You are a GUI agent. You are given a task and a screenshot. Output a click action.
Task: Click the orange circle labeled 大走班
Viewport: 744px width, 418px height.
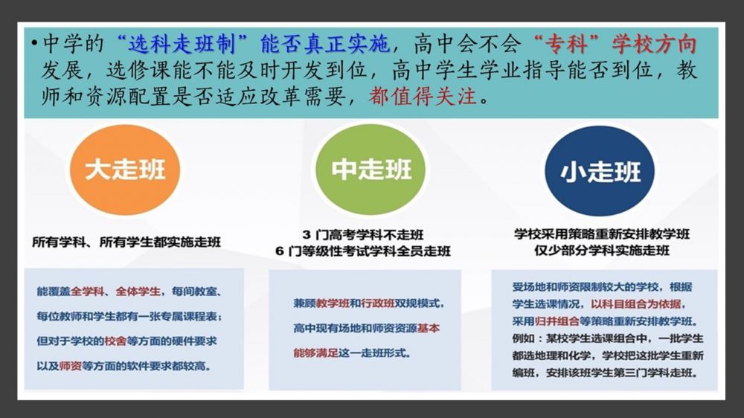coord(125,170)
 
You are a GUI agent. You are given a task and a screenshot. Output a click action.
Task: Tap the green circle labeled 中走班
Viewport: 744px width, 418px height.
coord(371,170)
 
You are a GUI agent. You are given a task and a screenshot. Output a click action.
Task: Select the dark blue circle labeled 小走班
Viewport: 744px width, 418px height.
coord(600,171)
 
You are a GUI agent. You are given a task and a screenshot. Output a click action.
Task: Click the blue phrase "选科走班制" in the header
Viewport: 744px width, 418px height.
coord(182,45)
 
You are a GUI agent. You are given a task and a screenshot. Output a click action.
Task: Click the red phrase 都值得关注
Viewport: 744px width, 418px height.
coord(423,96)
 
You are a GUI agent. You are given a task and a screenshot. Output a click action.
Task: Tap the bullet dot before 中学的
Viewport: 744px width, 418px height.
coord(34,44)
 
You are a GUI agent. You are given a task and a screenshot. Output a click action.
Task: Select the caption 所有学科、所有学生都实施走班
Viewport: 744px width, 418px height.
coord(126,242)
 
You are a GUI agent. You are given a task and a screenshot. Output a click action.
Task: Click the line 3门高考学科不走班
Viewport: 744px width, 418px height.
coord(362,234)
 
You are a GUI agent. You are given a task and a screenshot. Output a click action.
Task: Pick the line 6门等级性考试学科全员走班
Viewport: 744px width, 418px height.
coord(362,251)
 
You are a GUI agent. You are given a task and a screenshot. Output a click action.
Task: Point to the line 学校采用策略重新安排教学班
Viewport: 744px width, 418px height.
coord(602,234)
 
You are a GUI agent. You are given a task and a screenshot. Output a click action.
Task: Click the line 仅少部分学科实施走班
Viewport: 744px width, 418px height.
coord(602,250)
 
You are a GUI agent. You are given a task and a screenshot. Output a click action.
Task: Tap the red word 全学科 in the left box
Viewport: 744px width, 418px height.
coord(87,292)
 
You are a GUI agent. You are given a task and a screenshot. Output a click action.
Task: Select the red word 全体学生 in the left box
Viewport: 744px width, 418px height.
coord(138,292)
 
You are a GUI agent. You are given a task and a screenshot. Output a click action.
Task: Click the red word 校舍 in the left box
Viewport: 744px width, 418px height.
coord(115,341)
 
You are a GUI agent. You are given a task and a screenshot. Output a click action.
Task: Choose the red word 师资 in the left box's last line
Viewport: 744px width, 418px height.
coord(71,366)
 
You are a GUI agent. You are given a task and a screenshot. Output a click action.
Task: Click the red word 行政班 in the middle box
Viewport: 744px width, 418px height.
coord(378,303)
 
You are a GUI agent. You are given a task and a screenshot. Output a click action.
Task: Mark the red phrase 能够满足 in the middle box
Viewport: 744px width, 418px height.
coord(315,353)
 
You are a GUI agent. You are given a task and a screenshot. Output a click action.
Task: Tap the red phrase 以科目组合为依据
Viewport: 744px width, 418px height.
coord(636,303)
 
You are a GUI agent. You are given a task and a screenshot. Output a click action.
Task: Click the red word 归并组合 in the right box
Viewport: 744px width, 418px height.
coord(557,321)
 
